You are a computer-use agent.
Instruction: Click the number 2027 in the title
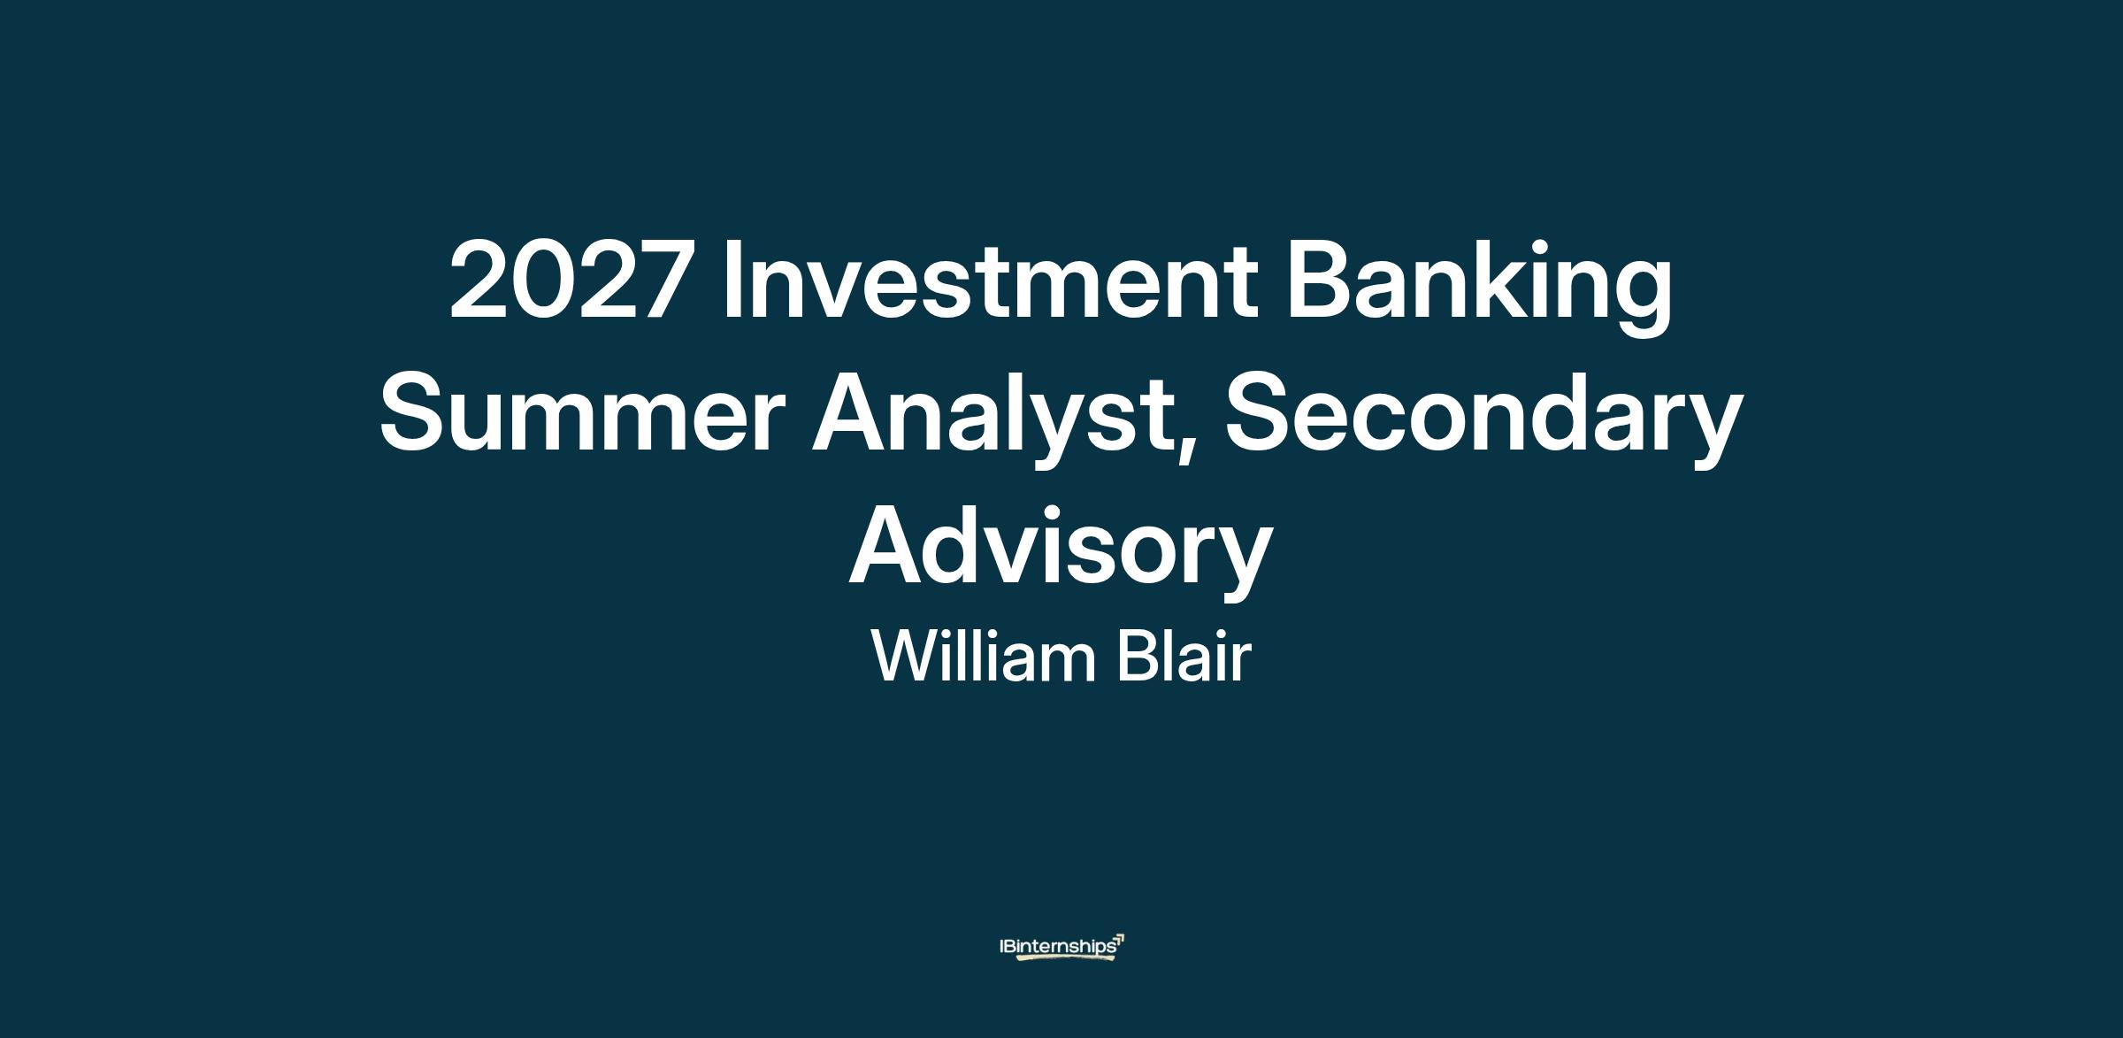click(568, 280)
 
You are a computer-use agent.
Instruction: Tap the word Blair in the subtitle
click(1184, 657)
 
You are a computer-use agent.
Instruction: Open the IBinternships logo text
click(1057, 947)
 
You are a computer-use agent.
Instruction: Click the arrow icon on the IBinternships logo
click(1119, 939)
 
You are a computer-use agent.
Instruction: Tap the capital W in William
click(908, 656)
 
